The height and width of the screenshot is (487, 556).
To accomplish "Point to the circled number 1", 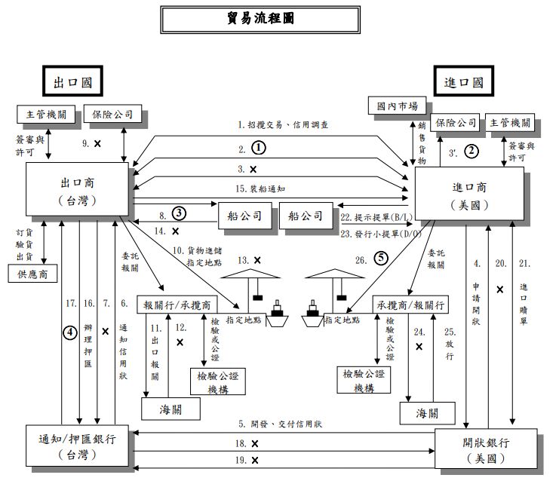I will (x=259, y=147).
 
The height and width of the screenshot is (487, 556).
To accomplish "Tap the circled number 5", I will (x=382, y=260).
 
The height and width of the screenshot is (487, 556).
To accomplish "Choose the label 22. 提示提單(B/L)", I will (x=374, y=217).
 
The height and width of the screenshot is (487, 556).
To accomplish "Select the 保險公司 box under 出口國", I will (x=112, y=115).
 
